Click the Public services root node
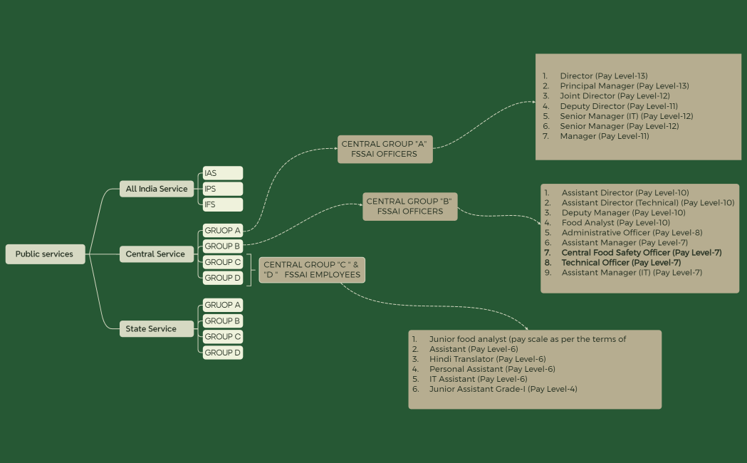[x=45, y=254]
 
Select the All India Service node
[x=157, y=189]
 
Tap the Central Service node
[x=155, y=254]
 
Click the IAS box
[x=222, y=173]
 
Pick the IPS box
[x=222, y=189]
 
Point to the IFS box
[x=222, y=205]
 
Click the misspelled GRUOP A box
[x=222, y=231]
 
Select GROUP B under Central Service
[x=222, y=246]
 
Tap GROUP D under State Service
[x=222, y=353]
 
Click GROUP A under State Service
[x=222, y=305]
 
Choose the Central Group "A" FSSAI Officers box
[x=385, y=149]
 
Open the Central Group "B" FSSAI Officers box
[x=410, y=206]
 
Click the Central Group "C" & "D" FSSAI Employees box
[x=312, y=270]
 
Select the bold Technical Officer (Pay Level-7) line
[x=621, y=263]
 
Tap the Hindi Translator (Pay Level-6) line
[x=487, y=359]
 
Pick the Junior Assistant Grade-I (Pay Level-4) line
[x=503, y=389]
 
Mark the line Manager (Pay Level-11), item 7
[x=604, y=136]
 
